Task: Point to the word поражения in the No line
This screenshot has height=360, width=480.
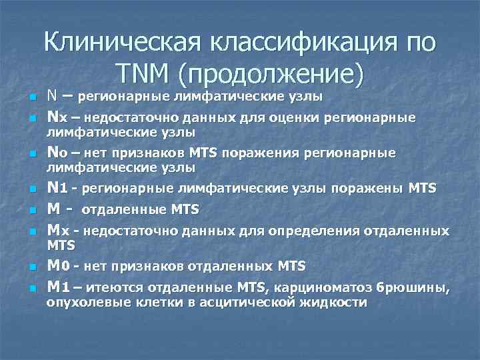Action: (x=255, y=153)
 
